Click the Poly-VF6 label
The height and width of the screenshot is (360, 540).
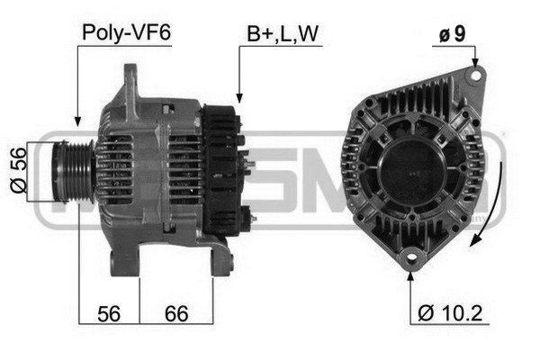(x=126, y=33)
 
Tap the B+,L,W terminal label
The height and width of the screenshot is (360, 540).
(x=283, y=34)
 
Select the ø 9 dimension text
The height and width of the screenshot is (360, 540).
(x=452, y=33)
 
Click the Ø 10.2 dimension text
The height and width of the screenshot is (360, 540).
(x=450, y=313)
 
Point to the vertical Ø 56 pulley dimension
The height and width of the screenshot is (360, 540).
(x=18, y=170)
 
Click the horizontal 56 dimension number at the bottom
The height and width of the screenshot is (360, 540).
(x=109, y=313)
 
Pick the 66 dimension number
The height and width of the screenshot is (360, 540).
(x=176, y=313)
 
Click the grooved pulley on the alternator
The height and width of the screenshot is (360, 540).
(x=73, y=171)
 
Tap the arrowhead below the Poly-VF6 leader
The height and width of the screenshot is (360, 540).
(x=77, y=121)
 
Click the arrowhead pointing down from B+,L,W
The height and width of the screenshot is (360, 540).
(x=239, y=98)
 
